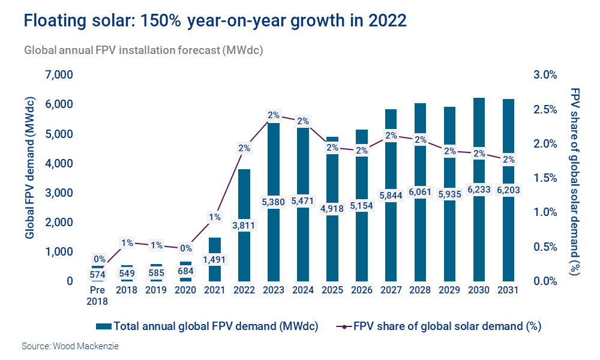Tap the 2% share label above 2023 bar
274,115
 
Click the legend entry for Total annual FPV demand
207,327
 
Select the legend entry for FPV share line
440,327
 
